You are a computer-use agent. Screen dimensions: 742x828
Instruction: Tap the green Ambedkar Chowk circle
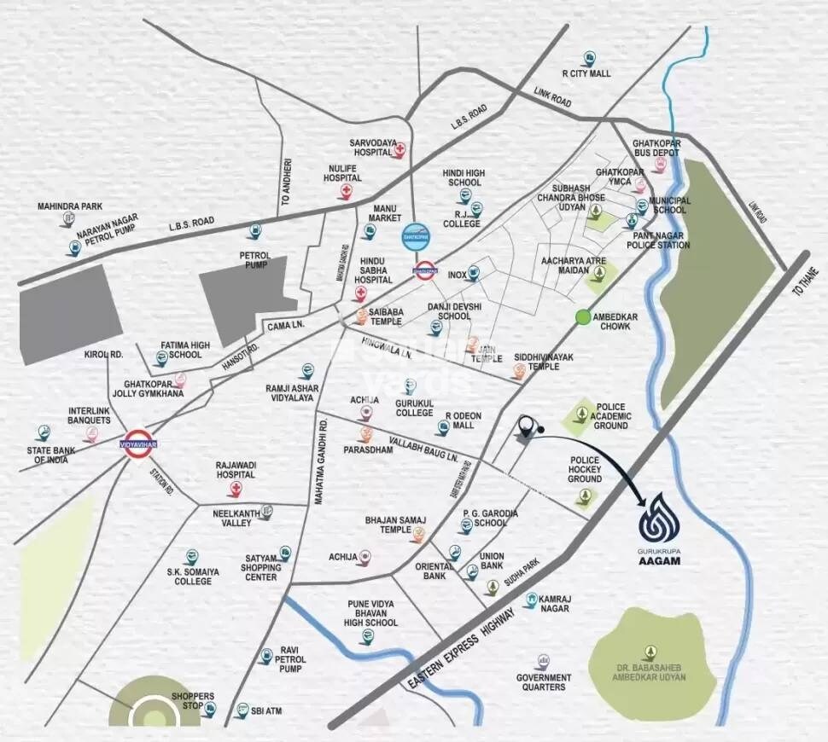pyautogui.click(x=583, y=317)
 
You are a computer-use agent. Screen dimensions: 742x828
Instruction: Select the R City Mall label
pyautogui.click(x=586, y=73)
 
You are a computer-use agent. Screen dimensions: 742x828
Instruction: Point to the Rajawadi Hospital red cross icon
pyautogui.click(x=234, y=489)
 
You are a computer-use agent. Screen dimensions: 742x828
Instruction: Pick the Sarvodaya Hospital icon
pyautogui.click(x=400, y=151)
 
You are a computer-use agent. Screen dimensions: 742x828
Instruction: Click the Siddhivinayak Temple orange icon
pyautogui.click(x=518, y=370)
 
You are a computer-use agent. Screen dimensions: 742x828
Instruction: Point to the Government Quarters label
pyautogui.click(x=544, y=682)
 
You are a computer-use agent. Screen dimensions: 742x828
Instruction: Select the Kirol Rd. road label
pyautogui.click(x=103, y=354)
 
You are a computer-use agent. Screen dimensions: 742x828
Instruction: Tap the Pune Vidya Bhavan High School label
pyautogui.click(x=371, y=613)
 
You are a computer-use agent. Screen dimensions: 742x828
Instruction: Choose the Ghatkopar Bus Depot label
pyautogui.click(x=656, y=149)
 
